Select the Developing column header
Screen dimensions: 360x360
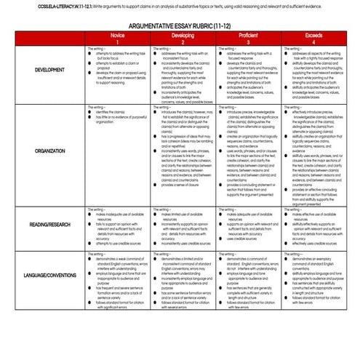click(183, 38)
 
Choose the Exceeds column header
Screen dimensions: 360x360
click(313, 38)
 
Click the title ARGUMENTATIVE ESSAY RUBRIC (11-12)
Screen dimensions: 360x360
click(180, 25)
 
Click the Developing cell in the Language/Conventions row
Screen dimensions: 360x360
click(183, 280)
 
